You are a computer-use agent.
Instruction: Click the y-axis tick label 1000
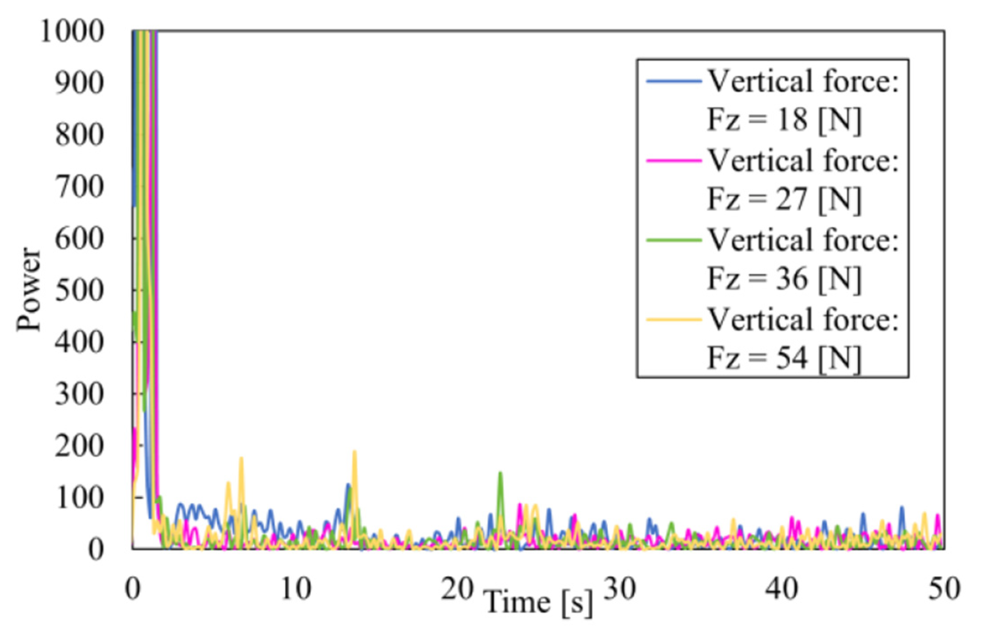(72, 32)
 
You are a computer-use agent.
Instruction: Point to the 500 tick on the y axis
(79, 290)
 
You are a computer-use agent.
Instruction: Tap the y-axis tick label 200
(79, 446)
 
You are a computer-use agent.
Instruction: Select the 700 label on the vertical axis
(79, 187)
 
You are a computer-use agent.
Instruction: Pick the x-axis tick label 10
(295, 589)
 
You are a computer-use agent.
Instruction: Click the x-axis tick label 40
(781, 589)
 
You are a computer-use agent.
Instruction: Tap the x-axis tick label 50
(944, 589)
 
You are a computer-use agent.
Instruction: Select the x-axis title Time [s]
(538, 603)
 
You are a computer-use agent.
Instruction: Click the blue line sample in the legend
(674, 82)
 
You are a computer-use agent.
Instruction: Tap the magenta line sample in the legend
(674, 161)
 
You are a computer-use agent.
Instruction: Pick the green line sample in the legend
(674, 240)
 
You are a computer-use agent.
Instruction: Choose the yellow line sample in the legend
(674, 319)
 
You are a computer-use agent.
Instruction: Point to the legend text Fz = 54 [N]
(783, 358)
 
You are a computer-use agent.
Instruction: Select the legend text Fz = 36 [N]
(783, 279)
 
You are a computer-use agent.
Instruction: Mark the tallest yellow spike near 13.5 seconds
(354, 452)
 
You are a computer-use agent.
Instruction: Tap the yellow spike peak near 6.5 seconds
(241, 459)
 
